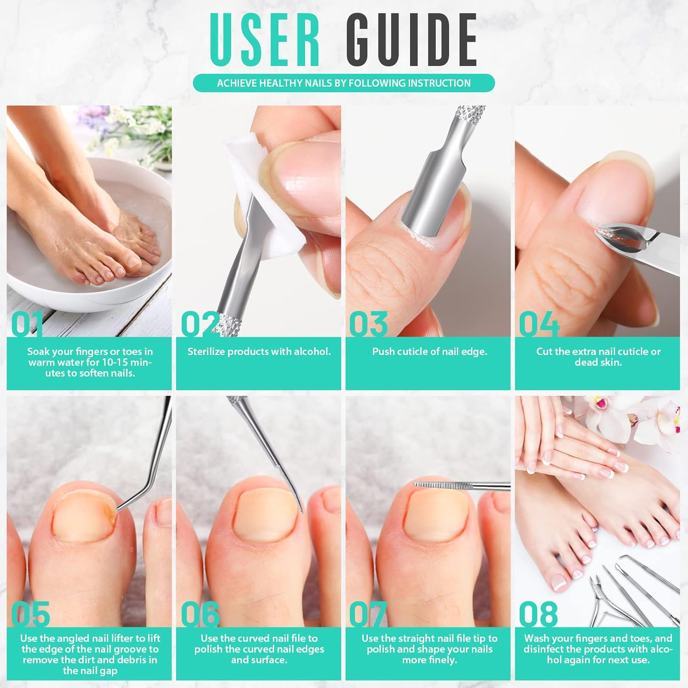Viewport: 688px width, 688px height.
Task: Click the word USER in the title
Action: pos(265,40)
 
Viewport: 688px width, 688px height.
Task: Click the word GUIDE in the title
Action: pos(411,40)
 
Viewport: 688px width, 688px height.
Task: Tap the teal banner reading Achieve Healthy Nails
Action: pos(344,83)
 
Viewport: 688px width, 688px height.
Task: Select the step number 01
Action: pos(27,324)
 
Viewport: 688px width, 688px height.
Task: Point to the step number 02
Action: pos(200,324)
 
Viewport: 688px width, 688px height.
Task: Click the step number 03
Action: pos(368,324)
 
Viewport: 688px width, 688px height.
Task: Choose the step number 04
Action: pos(539,324)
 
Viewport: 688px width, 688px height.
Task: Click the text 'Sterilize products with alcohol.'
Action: pos(259,352)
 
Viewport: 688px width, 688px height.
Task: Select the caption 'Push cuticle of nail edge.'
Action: pos(429,352)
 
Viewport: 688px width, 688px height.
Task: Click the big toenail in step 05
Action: pos(83,516)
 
